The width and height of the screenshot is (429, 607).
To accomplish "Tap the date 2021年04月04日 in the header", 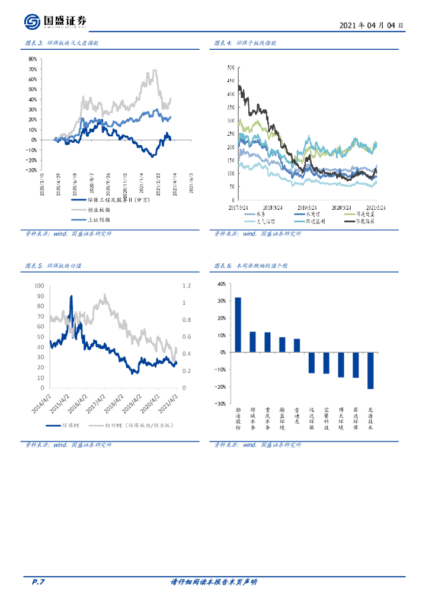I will pos(372,25).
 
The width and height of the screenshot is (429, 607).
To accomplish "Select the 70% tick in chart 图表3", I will pos(32,69).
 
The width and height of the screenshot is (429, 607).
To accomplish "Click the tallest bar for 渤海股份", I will pos(238,325).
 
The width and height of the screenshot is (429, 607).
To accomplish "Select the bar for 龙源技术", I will pos(370,370).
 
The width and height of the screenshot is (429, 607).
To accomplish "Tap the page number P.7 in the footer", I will pos(38,582).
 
